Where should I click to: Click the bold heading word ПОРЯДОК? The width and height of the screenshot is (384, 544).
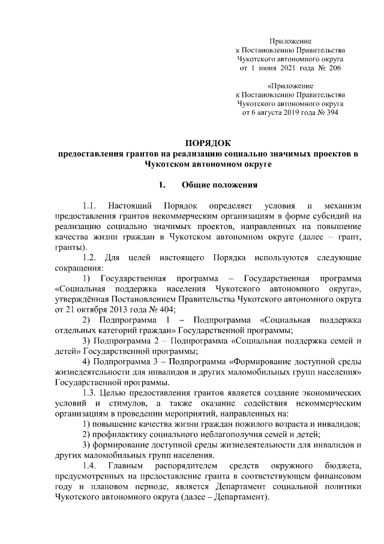(206, 142)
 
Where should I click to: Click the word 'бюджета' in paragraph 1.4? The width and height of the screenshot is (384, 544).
(341, 466)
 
